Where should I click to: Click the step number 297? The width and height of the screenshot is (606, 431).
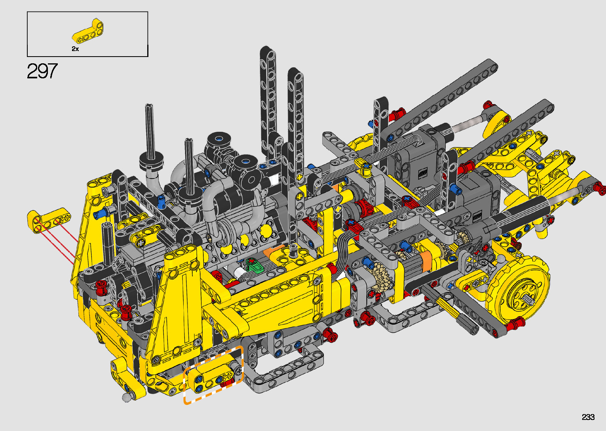click(x=42, y=71)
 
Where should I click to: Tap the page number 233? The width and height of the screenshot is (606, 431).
click(x=588, y=417)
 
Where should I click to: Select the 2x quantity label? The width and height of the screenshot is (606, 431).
click(x=75, y=49)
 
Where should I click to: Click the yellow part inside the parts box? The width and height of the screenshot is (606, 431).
click(x=87, y=31)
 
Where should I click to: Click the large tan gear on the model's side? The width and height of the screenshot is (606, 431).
click(x=382, y=276)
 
